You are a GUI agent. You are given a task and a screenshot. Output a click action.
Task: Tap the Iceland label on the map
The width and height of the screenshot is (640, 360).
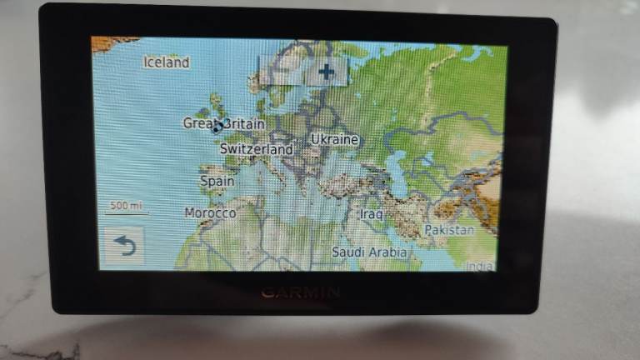coord(167,62)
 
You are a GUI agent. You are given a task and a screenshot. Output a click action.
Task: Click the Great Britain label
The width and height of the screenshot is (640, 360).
coord(223,123)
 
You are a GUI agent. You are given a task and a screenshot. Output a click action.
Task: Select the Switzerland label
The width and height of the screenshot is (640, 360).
coord(257,149)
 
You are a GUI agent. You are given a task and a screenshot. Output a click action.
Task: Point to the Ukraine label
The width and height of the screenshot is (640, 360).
coord(334,139)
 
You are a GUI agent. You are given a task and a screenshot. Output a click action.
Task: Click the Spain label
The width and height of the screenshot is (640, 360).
coord(217,180)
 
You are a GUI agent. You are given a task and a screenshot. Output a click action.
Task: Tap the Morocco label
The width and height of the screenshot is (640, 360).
coord(210,213)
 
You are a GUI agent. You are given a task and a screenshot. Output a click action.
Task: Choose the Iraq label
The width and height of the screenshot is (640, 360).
coord(371,214)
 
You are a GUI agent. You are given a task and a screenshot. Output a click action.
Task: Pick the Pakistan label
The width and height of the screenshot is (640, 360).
coord(449,229)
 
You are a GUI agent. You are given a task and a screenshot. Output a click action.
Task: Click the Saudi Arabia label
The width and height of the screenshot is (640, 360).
coord(369,251)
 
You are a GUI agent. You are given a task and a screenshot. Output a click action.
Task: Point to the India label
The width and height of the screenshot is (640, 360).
coord(479,266)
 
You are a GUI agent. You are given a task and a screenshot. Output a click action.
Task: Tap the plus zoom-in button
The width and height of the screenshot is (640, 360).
coord(326,72)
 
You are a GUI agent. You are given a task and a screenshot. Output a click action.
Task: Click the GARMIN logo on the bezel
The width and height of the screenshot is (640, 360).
coord(300,292)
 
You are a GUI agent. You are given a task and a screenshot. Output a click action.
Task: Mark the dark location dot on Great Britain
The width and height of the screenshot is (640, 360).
coord(217,127)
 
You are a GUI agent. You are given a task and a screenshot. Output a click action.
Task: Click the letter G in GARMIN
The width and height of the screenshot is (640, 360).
coord(267,292)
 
